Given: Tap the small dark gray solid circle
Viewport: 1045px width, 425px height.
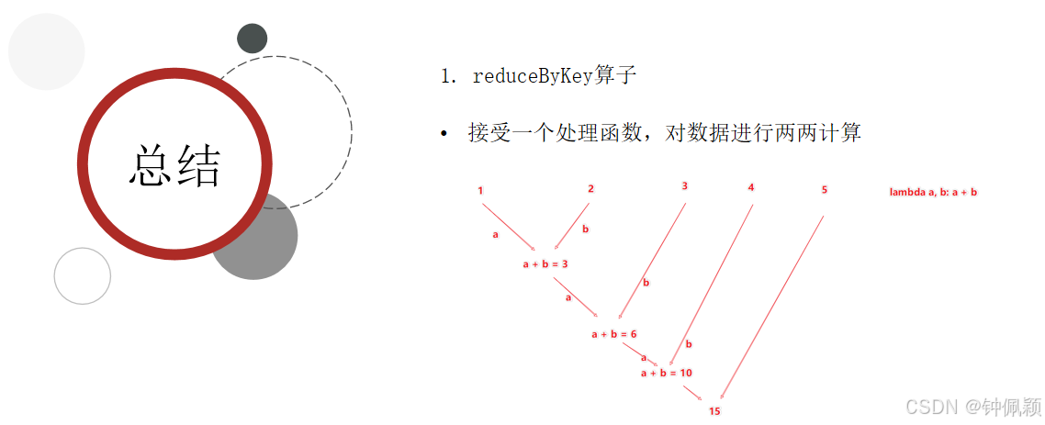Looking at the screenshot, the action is (252, 39).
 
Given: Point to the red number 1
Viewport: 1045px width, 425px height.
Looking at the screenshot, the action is (480, 190).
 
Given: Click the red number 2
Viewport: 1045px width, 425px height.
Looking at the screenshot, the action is (590, 189).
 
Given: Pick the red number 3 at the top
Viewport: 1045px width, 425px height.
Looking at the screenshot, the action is (685, 185).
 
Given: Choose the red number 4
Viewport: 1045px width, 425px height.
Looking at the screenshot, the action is (751, 187).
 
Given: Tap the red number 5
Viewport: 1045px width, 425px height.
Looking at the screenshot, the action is (825, 190).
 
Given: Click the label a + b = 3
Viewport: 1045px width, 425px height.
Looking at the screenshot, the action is (545, 264).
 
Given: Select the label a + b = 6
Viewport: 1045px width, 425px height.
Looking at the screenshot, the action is (614, 334).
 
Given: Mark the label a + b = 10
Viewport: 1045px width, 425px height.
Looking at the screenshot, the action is (667, 373).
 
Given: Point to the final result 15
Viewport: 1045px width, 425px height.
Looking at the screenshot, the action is (714, 411).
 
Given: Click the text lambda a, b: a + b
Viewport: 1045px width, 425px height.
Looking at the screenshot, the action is (933, 193).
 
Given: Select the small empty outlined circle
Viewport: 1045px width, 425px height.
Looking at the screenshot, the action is (83, 275).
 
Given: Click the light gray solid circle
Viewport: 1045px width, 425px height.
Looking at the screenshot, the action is (46, 51).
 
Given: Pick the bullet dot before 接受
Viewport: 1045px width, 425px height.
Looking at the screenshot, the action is (444, 135).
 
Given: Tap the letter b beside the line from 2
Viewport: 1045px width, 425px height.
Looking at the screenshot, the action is (586, 229).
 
